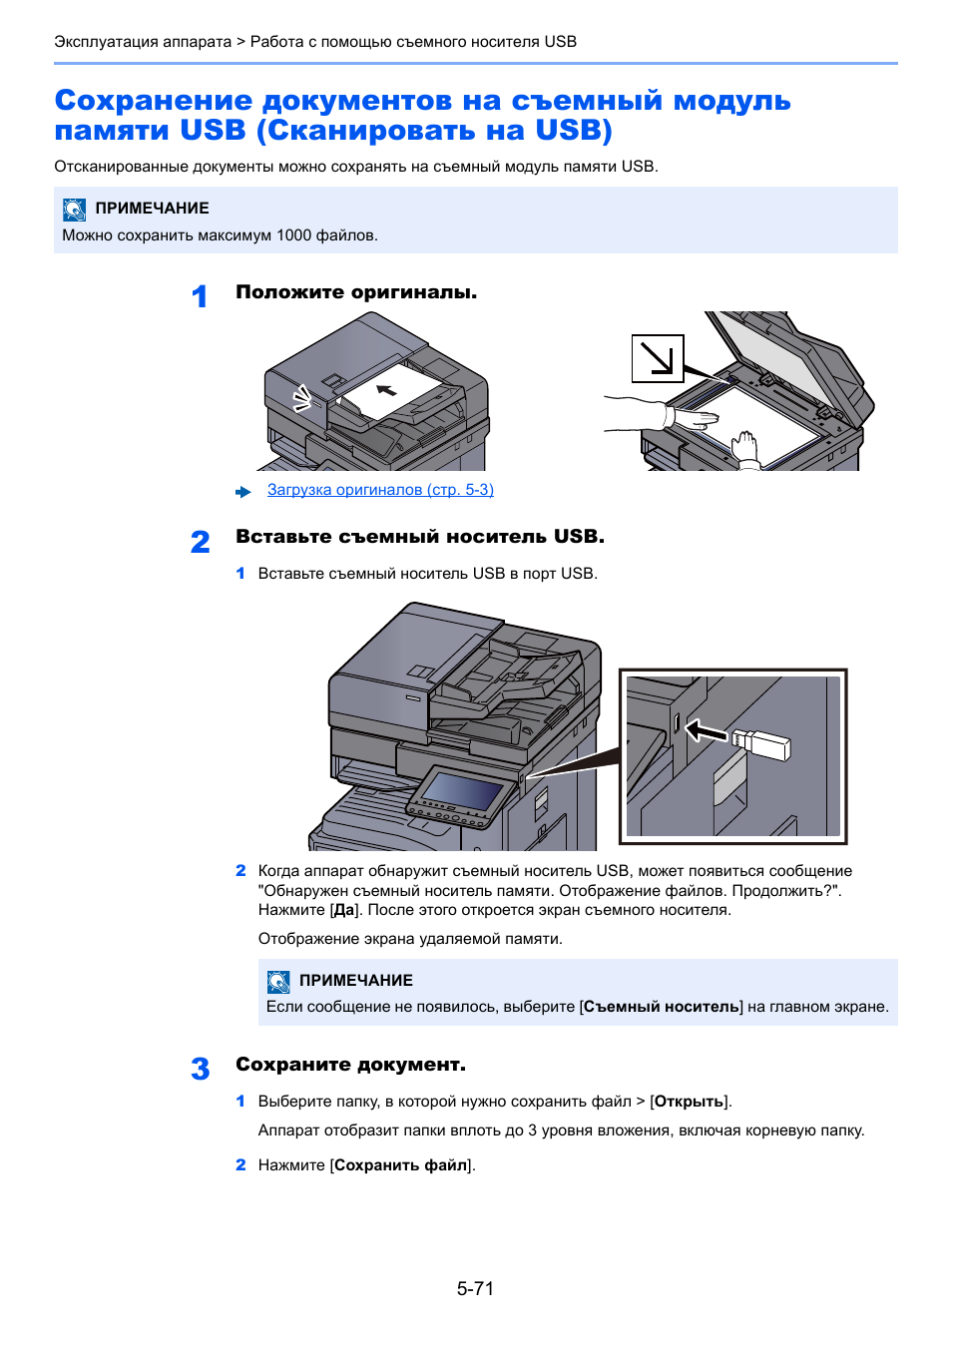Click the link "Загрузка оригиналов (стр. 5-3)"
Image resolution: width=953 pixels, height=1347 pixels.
tap(380, 490)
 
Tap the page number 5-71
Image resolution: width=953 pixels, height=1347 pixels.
tap(475, 1288)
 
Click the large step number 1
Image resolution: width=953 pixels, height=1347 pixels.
tap(200, 296)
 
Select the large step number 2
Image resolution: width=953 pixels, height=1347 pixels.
tap(200, 542)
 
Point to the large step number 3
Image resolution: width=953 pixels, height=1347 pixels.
tap(200, 1069)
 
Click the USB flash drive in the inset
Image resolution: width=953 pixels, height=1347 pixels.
tap(762, 743)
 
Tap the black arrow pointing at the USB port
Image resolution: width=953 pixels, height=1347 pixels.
tap(708, 732)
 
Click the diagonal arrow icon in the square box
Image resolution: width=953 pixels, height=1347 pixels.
tap(658, 358)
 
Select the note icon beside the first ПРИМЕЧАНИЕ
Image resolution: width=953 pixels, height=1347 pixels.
tap(75, 209)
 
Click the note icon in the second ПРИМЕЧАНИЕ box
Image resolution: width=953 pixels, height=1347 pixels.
tap(278, 981)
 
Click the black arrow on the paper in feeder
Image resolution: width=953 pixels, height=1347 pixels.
tap(386, 389)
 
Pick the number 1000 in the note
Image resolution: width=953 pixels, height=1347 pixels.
tap(294, 235)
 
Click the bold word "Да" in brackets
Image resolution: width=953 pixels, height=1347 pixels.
tap(344, 910)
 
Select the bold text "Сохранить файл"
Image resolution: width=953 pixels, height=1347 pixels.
tap(401, 1165)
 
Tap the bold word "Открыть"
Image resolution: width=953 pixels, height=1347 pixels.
tap(689, 1102)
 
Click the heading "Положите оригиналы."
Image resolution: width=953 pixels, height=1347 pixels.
tap(356, 292)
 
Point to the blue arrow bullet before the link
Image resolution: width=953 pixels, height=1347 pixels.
tap(243, 492)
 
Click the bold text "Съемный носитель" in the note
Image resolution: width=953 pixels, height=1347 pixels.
tap(662, 1007)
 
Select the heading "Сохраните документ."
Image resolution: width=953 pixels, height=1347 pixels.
tap(350, 1065)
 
